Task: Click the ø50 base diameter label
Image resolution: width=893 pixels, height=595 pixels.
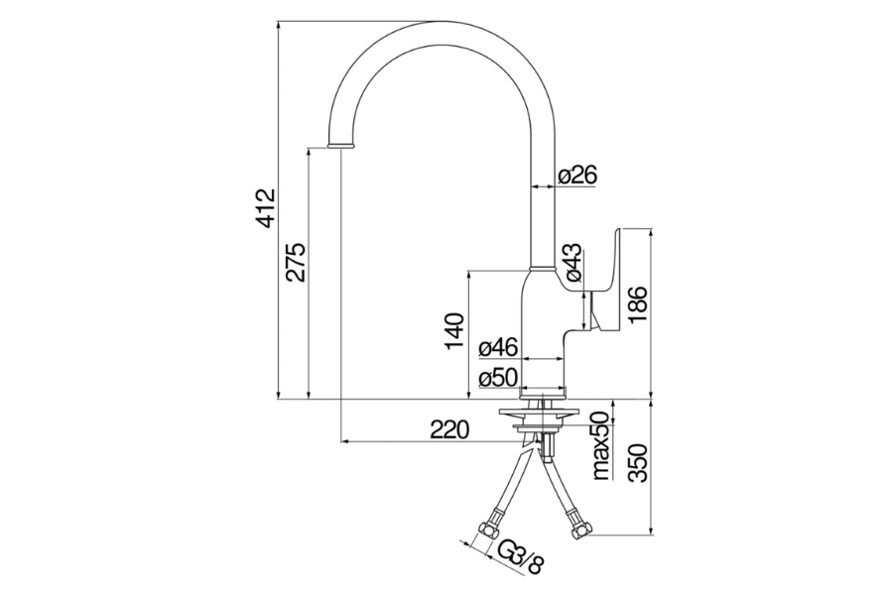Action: (498, 378)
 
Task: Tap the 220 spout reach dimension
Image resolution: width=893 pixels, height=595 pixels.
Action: (448, 429)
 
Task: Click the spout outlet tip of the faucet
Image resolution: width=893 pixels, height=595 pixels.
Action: (340, 145)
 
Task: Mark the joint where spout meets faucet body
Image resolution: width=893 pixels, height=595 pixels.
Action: (543, 270)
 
